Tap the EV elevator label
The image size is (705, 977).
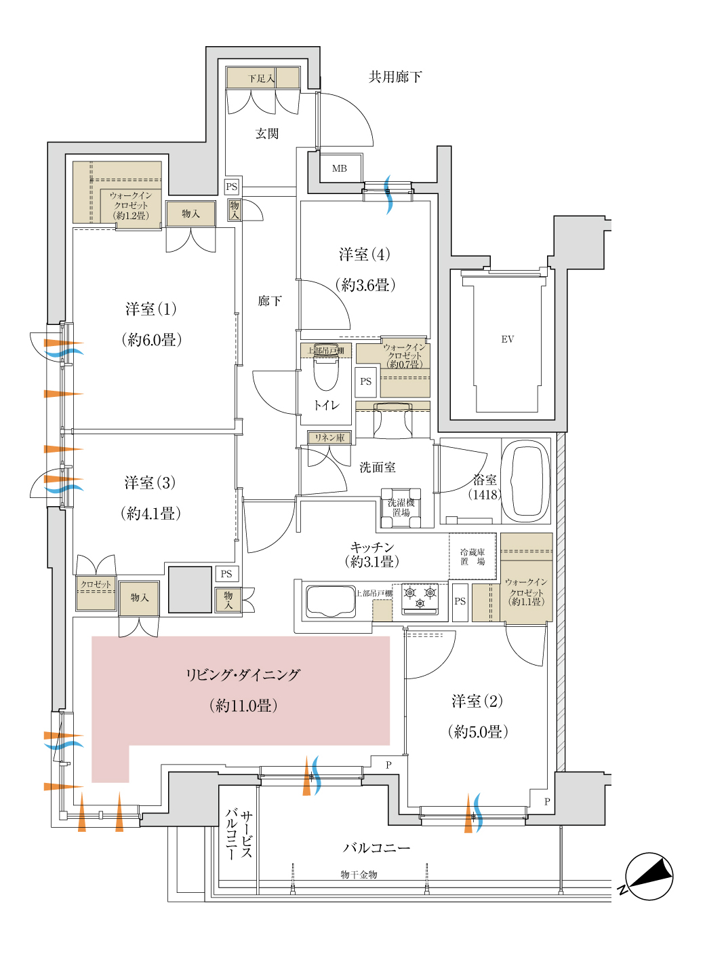click(x=507, y=339)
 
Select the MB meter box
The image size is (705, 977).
click(x=340, y=168)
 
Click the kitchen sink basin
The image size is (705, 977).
click(x=330, y=600)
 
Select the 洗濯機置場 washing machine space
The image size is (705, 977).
click(x=401, y=508)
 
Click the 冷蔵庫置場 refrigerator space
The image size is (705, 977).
click(x=472, y=556)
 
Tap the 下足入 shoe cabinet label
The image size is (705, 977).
click(x=261, y=79)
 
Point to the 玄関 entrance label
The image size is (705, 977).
click(x=266, y=134)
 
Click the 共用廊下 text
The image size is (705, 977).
click(x=395, y=77)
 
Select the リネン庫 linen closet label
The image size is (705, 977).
click(x=329, y=438)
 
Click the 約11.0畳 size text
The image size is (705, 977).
click(x=243, y=706)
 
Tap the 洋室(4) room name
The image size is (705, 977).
click(x=365, y=254)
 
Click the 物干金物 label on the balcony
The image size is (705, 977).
click(x=359, y=875)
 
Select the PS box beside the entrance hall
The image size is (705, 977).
click(x=231, y=187)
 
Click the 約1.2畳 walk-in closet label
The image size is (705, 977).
click(x=131, y=216)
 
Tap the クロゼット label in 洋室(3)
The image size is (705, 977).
click(x=96, y=584)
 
